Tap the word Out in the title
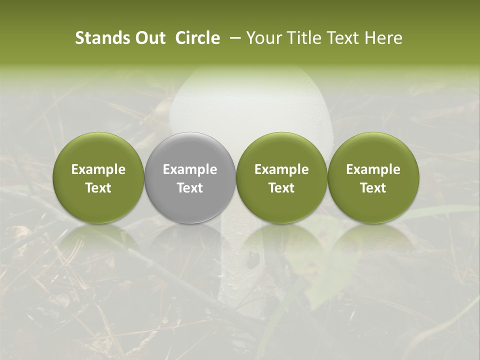pyautogui.click(x=148, y=38)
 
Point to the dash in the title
pyautogui.click(x=233, y=38)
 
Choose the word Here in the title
pyautogui.click(x=382, y=38)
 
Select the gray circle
pyautogui.click(x=190, y=177)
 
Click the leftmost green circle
pyautogui.click(x=98, y=177)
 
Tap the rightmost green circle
pyautogui.click(x=373, y=177)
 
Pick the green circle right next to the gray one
pyautogui.click(x=281, y=177)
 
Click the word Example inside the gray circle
pyautogui.click(x=190, y=169)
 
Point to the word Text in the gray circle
pyautogui.click(x=190, y=188)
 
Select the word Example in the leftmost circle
pyautogui.click(x=98, y=169)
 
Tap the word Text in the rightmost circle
pyautogui.click(x=373, y=188)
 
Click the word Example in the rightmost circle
pyautogui.click(x=373, y=169)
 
